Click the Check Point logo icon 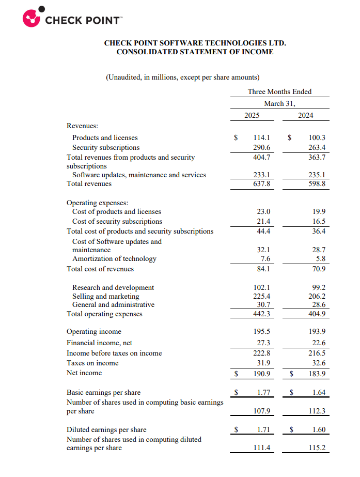tap(32, 17)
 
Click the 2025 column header tap(252, 115)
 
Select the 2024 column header tap(306, 115)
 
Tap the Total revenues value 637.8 tap(262, 184)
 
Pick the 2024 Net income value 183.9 tap(317, 374)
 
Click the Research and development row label tap(113, 287)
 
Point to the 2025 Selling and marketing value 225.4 tap(262, 297)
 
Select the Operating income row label tap(94, 332)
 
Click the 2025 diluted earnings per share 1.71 tap(263, 430)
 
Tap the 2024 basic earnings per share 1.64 tap(319, 393)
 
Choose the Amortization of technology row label tap(114, 258)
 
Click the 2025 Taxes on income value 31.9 tap(263, 363)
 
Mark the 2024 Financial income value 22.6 tap(317, 343)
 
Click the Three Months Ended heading tap(279, 91)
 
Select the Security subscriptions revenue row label tap(106, 147)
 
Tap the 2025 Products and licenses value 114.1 tap(262, 138)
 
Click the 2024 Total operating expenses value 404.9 tap(317, 314)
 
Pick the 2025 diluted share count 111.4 tap(262, 448)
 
